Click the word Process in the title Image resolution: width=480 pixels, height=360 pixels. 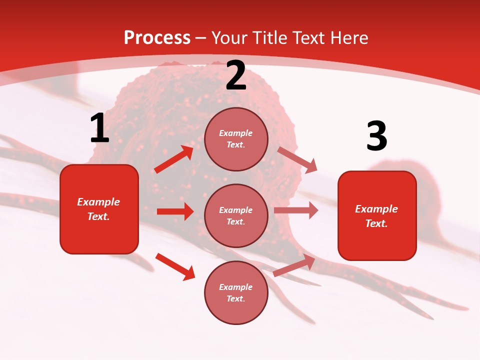click(x=157, y=37)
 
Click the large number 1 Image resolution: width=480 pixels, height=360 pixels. click(x=99, y=128)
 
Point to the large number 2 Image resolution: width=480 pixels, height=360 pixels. click(x=236, y=76)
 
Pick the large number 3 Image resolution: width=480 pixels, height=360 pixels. click(x=376, y=136)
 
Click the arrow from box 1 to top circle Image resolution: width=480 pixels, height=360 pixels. click(x=174, y=159)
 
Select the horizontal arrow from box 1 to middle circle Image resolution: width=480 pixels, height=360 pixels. click(x=175, y=211)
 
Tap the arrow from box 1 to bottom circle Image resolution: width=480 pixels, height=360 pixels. click(x=175, y=266)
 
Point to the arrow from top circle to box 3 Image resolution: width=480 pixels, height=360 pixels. click(x=297, y=159)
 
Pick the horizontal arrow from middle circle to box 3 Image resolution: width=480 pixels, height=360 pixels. click(x=296, y=210)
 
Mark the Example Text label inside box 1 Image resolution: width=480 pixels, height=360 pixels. click(x=98, y=209)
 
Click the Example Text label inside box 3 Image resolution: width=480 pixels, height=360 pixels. click(x=376, y=216)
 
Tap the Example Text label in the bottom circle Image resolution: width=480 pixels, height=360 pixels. click(x=236, y=292)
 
